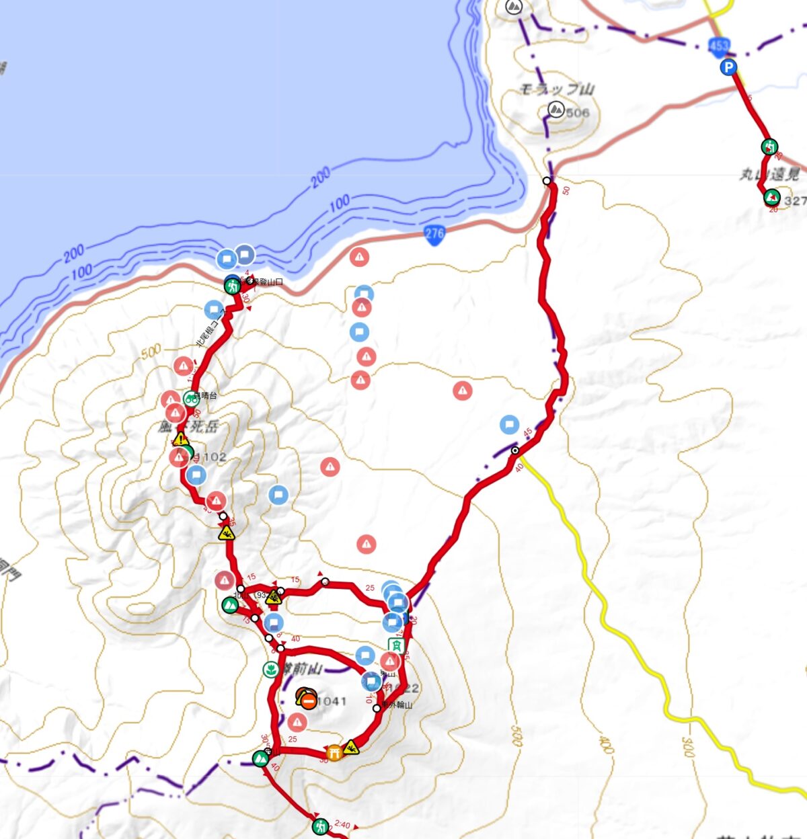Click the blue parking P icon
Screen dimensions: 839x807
click(x=728, y=67)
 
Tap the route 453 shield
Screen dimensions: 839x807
click(x=719, y=46)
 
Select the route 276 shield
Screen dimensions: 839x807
click(x=434, y=235)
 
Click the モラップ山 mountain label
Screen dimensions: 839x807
click(x=558, y=89)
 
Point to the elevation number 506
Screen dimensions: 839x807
click(x=578, y=112)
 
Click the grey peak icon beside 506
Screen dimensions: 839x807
click(x=556, y=110)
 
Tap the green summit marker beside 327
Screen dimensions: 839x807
click(x=771, y=197)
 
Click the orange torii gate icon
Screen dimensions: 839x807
click(x=334, y=750)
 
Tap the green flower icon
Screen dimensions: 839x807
click(x=271, y=670)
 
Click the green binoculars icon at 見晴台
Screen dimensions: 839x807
click(x=191, y=398)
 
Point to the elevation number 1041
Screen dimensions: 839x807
click(x=332, y=701)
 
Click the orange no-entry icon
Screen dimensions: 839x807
click(x=309, y=702)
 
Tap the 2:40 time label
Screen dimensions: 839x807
click(x=342, y=824)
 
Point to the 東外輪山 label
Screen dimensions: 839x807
click(x=397, y=705)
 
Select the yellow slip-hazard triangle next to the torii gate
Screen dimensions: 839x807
click(x=350, y=746)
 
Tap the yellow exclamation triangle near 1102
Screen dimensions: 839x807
click(x=180, y=440)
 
